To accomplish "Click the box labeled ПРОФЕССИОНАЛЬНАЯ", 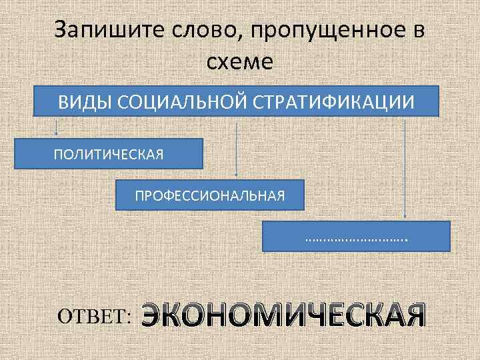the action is tap(209, 195).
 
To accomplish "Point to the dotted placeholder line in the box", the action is tap(356, 238).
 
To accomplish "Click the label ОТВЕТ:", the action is tap(94, 315).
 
